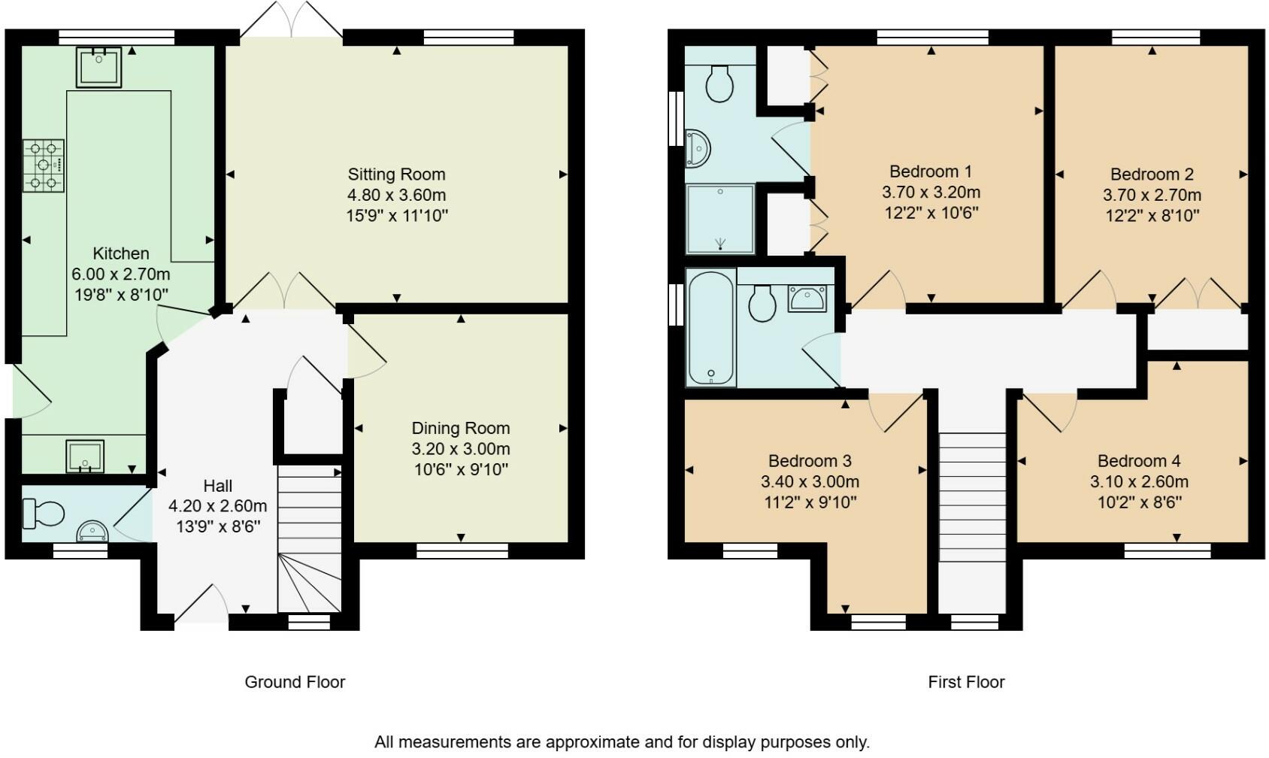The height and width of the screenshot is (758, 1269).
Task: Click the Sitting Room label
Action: [x=397, y=174]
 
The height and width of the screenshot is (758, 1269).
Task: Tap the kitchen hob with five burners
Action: [x=44, y=165]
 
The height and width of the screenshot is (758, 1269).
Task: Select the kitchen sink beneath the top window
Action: [x=98, y=68]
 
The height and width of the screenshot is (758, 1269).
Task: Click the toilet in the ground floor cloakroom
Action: [x=43, y=513]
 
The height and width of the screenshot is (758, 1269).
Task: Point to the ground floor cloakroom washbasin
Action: [x=92, y=531]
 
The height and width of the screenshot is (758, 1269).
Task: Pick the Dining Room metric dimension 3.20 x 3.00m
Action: [x=461, y=449]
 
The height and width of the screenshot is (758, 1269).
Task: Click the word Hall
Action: [x=217, y=486]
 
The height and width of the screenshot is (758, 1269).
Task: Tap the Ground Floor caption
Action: [x=295, y=681]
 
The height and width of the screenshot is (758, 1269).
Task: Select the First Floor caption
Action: [x=966, y=681]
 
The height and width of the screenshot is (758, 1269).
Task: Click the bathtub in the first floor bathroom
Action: [x=711, y=327]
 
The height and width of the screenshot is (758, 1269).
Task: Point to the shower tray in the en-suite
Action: [x=720, y=219]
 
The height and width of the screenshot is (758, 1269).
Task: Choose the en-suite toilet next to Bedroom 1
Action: [x=719, y=83]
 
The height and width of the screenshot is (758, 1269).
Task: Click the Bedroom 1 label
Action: [x=931, y=171]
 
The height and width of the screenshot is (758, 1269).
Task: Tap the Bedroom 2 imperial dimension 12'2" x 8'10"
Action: [x=1152, y=215]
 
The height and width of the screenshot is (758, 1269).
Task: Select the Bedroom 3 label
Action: [x=810, y=460]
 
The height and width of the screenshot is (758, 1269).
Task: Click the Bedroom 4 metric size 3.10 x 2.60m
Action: [x=1139, y=481]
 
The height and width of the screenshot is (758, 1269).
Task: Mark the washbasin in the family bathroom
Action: [x=807, y=299]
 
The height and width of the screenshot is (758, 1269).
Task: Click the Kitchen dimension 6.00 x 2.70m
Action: [x=121, y=274]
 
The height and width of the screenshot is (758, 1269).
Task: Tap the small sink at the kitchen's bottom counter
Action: [x=85, y=456]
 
